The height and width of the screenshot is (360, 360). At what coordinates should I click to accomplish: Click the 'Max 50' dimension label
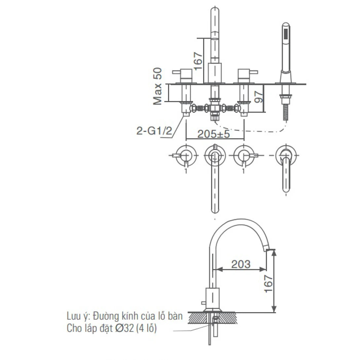158,86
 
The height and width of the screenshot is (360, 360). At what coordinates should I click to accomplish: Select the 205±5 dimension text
213,134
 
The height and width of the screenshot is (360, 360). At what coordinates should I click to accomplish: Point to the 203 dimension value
241,264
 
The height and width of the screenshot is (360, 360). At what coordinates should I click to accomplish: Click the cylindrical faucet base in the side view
212,298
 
